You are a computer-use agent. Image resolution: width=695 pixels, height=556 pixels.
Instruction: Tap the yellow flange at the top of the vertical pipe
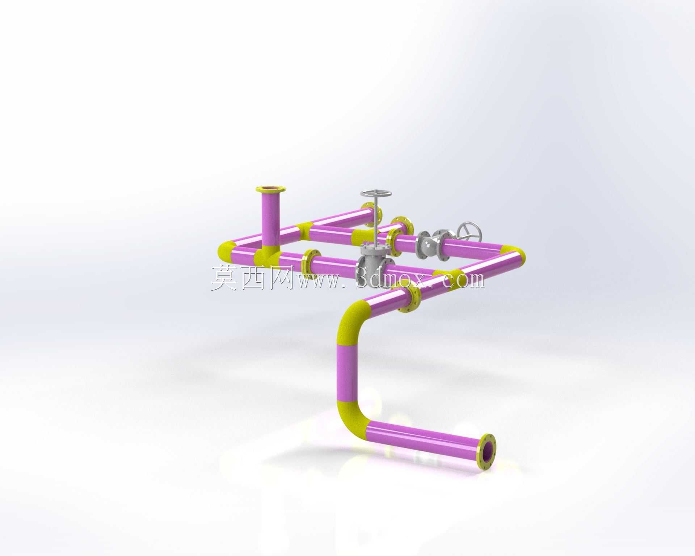271,190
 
